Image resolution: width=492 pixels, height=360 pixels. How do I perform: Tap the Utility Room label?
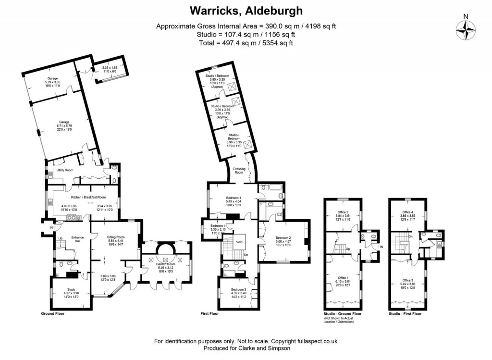65,170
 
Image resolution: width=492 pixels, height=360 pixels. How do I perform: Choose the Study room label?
71,289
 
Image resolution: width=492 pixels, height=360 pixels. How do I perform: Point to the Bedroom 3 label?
238,289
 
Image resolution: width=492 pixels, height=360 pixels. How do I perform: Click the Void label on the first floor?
238,243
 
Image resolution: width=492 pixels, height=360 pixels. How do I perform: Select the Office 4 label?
407,211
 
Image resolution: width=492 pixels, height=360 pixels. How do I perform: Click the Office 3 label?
407,280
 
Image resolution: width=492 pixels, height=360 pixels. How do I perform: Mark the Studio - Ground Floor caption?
343,313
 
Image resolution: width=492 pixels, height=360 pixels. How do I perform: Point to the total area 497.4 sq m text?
246,43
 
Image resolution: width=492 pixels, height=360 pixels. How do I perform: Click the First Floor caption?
209,313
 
